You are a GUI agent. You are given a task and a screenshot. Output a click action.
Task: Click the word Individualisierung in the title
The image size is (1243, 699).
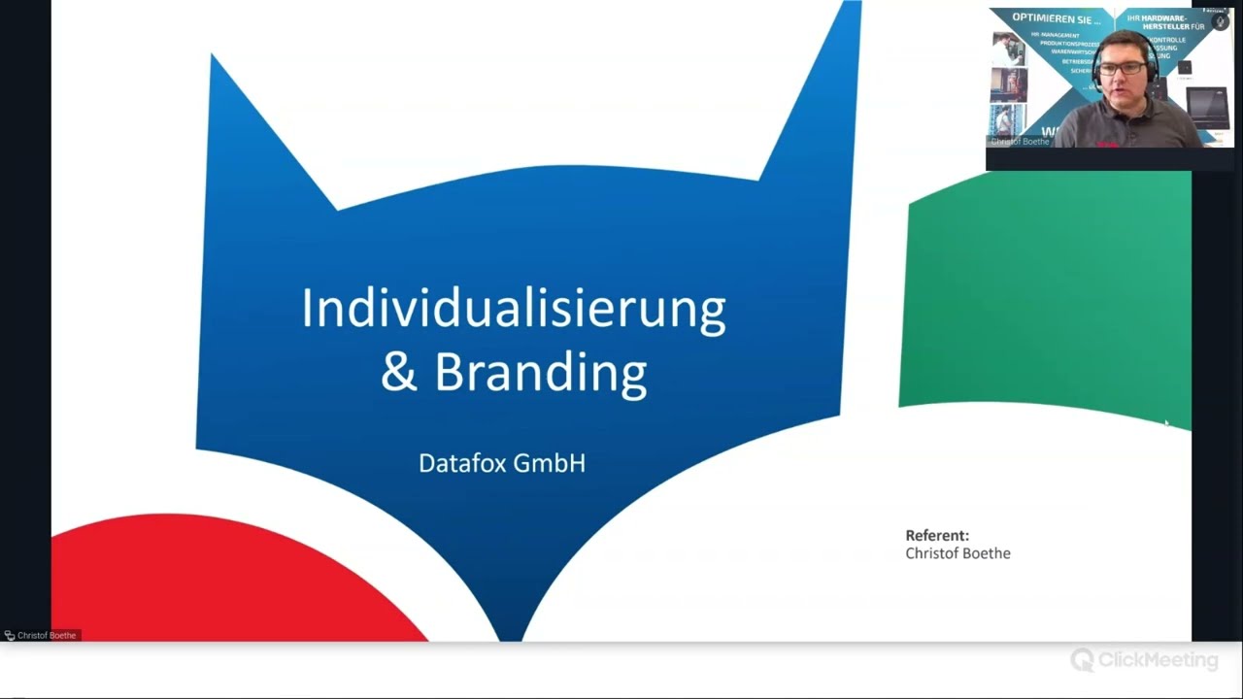click(x=513, y=309)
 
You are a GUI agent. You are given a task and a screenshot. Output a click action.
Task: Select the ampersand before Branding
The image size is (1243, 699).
click(x=398, y=372)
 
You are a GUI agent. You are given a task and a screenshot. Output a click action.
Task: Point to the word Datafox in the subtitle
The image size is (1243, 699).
click(x=462, y=463)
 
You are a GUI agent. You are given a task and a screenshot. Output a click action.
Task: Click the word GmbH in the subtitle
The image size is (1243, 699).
click(x=550, y=463)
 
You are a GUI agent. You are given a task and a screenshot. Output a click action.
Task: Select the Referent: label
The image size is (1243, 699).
click(x=937, y=535)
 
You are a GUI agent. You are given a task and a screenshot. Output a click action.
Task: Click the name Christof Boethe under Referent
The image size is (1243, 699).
click(x=957, y=553)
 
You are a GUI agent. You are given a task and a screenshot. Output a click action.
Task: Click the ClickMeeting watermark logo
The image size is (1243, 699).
click(x=1144, y=660)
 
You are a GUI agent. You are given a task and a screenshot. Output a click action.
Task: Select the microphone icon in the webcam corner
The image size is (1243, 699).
click(x=1220, y=21)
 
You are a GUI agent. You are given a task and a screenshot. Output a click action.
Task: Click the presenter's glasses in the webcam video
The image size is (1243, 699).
click(x=1122, y=69)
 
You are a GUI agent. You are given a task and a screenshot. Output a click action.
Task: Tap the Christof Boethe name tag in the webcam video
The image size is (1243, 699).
click(x=1020, y=142)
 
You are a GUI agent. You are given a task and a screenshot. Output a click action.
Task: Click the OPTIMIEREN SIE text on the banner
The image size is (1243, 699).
click(x=1057, y=18)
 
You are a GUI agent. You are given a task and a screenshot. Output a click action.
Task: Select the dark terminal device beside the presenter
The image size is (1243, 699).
click(x=1208, y=108)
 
